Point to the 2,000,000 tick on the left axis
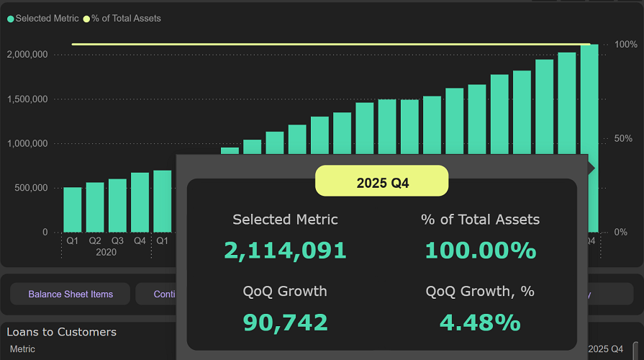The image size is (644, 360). [27, 55]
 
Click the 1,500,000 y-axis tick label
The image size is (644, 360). [27, 99]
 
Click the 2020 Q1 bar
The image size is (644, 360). [73, 209]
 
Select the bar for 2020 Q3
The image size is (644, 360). [117, 205]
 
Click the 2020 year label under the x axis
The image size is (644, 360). [106, 253]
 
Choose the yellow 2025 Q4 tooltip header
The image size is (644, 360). [382, 183]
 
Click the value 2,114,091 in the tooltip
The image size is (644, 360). [285, 251]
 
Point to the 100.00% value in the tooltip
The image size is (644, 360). [480, 251]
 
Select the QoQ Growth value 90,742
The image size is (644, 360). [285, 323]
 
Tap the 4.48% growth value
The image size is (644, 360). [480, 323]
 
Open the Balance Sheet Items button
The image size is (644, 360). [71, 294]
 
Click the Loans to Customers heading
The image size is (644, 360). [62, 332]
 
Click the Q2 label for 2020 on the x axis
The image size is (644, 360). [95, 241]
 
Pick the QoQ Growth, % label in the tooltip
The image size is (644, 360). [480, 292]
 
